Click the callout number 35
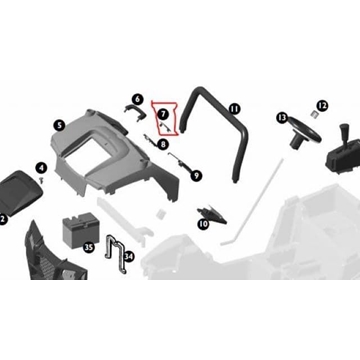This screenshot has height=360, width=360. pyautogui.click(x=89, y=246)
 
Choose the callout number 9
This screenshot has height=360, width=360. pyautogui.click(x=197, y=175)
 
